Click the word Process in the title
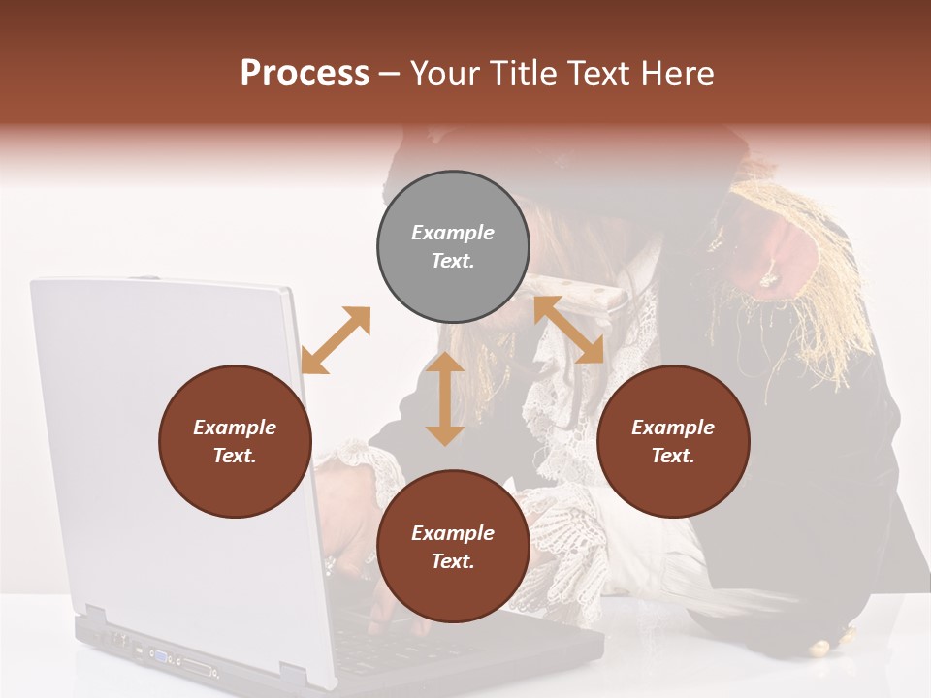click(x=305, y=74)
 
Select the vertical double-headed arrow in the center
click(x=445, y=398)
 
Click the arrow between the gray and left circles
click(x=336, y=340)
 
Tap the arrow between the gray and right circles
click(x=568, y=331)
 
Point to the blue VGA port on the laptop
click(x=159, y=656)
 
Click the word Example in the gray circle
click(x=453, y=233)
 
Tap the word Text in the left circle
click(x=235, y=456)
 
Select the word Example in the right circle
click(x=673, y=428)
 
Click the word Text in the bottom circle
click(x=453, y=561)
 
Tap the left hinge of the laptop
click(x=95, y=617)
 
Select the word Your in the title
click(x=446, y=74)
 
